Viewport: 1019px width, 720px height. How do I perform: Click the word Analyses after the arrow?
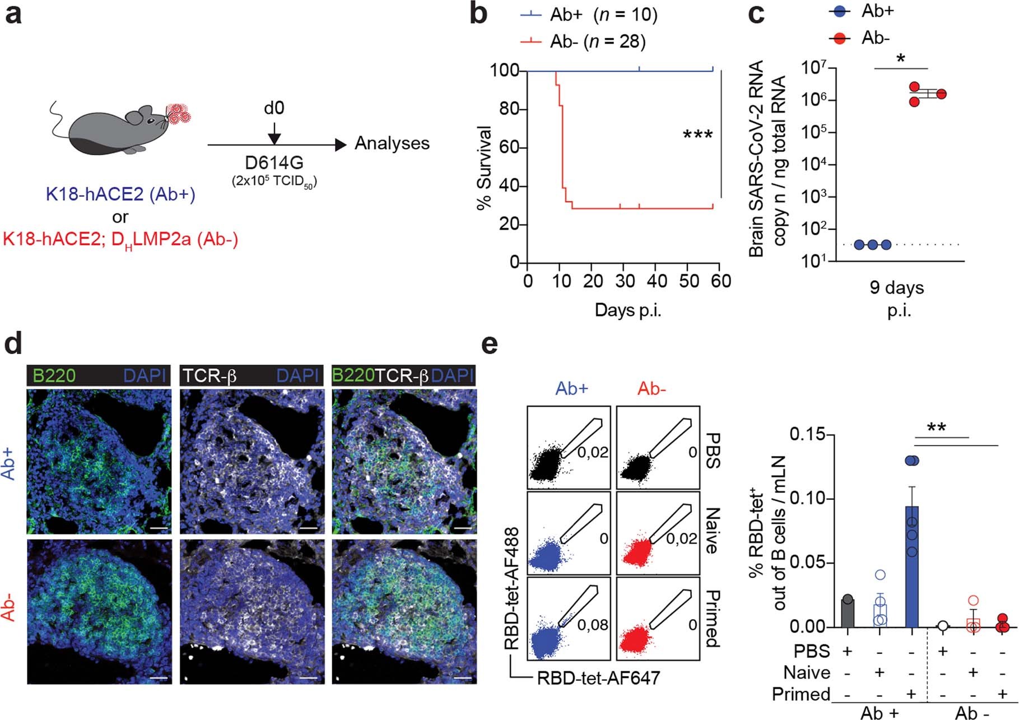click(392, 143)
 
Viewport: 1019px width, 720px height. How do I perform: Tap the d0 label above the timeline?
click(274, 107)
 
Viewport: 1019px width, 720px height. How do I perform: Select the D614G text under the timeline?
click(274, 163)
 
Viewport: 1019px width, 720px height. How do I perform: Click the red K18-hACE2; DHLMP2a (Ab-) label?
click(120, 240)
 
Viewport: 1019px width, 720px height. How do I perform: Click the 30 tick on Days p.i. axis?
click(625, 281)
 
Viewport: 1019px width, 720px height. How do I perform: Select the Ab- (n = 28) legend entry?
click(597, 41)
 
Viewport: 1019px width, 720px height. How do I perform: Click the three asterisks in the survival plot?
click(697, 136)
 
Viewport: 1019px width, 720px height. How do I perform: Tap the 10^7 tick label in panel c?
click(816, 68)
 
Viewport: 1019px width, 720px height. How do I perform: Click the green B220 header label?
click(54, 375)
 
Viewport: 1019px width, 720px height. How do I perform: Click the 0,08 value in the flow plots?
click(592, 624)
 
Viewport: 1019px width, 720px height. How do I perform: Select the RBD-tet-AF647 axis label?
click(598, 678)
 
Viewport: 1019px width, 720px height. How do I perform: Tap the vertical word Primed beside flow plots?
click(711, 618)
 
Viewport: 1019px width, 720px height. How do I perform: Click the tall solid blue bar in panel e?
click(912, 566)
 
